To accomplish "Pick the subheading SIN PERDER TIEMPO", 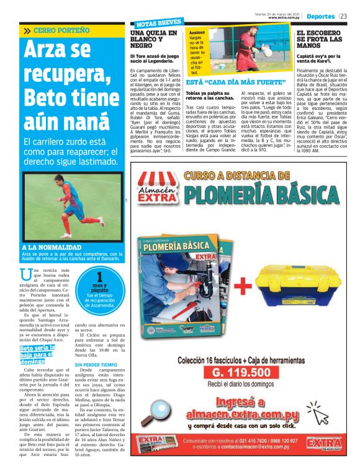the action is [96, 365].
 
